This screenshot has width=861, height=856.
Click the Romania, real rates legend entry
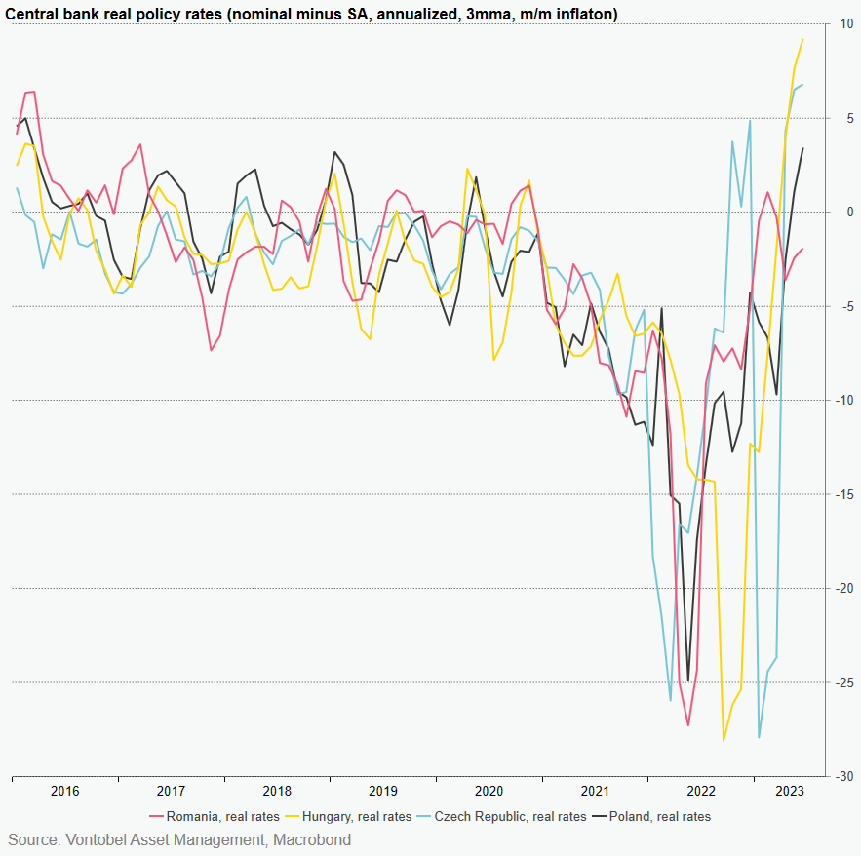point(222,816)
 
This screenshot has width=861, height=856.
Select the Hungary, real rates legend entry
point(357,816)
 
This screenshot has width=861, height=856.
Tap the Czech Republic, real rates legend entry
point(510,816)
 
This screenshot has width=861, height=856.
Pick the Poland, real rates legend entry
point(659,816)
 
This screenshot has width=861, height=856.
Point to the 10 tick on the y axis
point(846,23)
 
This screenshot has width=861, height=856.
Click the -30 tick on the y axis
point(844,777)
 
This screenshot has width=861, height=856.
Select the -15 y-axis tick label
point(844,494)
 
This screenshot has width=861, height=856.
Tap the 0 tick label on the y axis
point(846,212)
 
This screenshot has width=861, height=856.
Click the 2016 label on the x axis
point(64,791)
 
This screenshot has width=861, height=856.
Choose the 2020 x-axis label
point(489,791)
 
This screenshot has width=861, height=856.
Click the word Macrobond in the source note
point(312,839)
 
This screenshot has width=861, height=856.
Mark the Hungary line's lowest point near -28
point(724,740)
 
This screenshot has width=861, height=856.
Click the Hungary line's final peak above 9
point(802,40)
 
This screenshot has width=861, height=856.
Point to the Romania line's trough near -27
point(687,725)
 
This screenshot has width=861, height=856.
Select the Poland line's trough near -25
point(687,681)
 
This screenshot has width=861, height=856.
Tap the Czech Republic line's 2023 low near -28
point(759,737)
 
